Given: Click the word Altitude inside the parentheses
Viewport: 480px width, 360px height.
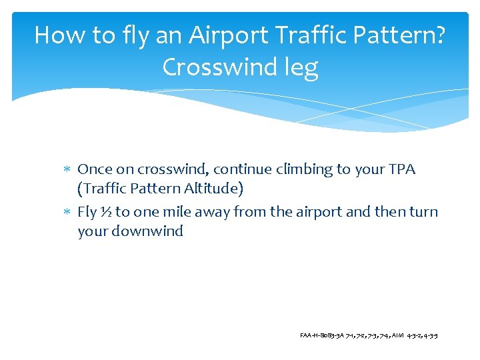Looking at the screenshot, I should point(211,189).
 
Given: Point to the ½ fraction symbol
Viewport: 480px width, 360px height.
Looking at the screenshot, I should point(105,213).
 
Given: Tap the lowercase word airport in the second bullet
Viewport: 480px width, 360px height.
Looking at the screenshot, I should point(326,213).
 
